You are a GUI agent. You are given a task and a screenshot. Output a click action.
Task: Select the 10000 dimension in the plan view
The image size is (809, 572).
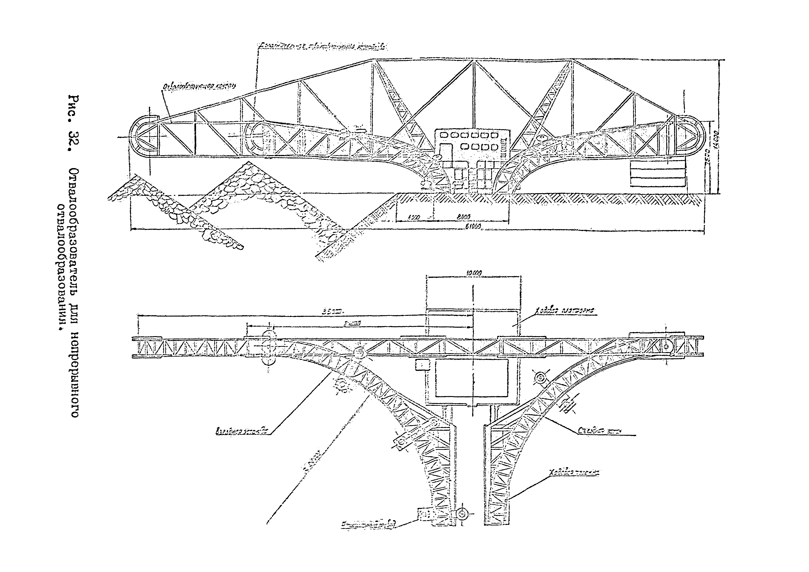coord(474,272)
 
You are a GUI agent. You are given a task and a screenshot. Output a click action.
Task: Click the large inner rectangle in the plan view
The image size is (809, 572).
coord(471,378)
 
